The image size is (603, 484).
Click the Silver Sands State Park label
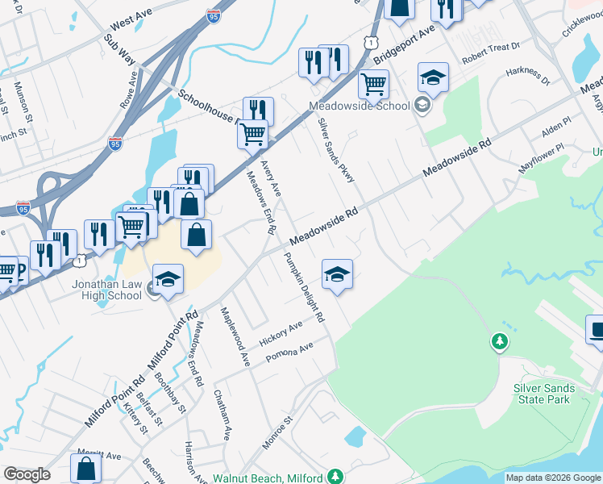tap(544, 394)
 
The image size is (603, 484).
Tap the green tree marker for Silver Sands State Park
tap(500, 343)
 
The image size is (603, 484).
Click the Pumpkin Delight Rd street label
tap(303, 287)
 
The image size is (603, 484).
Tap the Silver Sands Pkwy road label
tap(336, 149)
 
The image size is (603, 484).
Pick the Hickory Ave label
tap(281, 333)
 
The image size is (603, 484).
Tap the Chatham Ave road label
tap(222, 415)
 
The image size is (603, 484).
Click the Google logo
tap(27, 474)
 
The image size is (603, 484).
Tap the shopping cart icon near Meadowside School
tap(373, 83)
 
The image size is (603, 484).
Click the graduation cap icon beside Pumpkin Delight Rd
tap(338, 274)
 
